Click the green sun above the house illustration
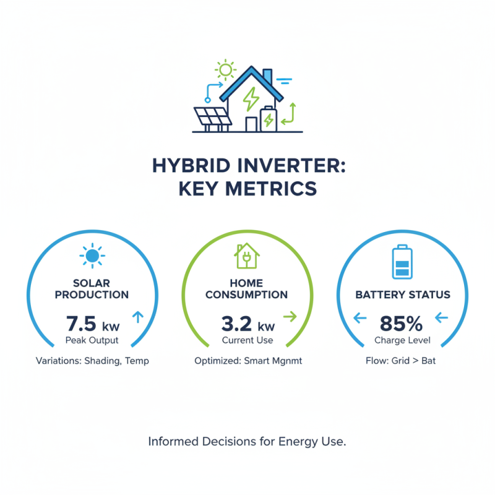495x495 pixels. click(225, 70)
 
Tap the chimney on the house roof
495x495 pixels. click(267, 78)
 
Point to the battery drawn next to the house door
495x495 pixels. click(269, 118)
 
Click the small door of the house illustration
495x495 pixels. click(251, 123)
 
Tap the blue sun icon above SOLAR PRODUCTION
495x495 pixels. click(92, 256)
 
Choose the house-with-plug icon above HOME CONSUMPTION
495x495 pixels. click(246, 256)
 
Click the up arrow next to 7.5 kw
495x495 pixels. click(137, 317)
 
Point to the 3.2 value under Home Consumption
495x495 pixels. click(236, 323)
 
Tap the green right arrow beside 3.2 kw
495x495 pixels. click(289, 317)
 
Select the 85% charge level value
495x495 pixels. click(402, 323)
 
